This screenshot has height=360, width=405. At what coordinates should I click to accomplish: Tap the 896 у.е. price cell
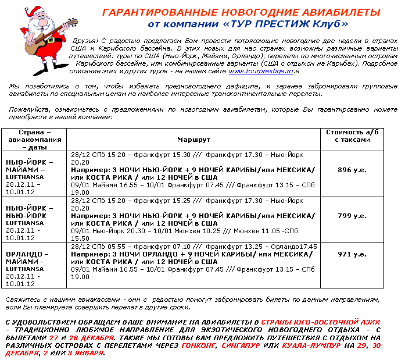(x=352, y=169)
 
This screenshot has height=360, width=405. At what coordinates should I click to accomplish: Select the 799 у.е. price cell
(x=352, y=215)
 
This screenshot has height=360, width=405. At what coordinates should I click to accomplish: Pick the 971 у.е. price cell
(x=352, y=254)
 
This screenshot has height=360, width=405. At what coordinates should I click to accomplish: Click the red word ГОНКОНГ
(x=198, y=345)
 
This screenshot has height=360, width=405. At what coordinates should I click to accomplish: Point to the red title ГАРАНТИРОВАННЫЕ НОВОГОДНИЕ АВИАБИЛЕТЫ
(x=241, y=13)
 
